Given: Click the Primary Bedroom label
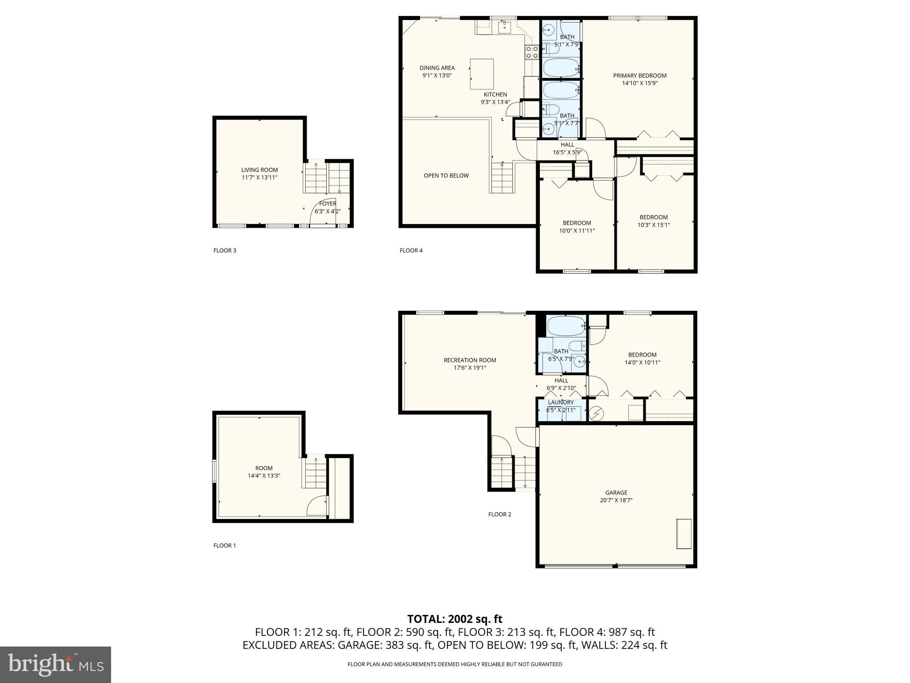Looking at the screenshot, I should click(639, 76).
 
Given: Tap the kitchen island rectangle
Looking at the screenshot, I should click(482, 74).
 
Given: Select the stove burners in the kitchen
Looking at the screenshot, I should click(532, 52).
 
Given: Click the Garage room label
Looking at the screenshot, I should click(616, 492).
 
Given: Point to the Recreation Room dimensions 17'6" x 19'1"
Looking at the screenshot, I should click(470, 368).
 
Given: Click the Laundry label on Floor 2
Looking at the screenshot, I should click(560, 402).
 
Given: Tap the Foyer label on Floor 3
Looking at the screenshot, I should click(327, 204).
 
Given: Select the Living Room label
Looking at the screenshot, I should click(259, 170).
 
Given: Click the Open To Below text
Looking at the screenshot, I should click(446, 176).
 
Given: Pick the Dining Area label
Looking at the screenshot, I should click(437, 68).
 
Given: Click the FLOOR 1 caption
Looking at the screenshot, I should click(224, 546).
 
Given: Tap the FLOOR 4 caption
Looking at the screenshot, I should click(411, 250).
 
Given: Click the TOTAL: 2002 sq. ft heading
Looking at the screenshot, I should click(455, 619).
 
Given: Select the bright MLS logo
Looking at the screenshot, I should click(56, 664).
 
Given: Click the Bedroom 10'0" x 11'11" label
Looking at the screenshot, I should click(577, 223).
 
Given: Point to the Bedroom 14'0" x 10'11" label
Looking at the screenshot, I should click(642, 355).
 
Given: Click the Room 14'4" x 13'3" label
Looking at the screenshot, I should click(264, 468).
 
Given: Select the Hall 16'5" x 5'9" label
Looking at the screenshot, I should click(567, 145).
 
